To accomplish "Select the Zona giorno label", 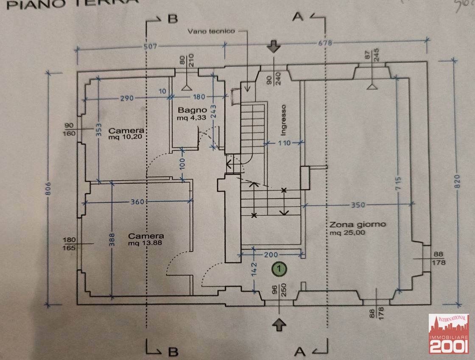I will coord(358,224).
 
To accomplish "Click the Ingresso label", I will coord(284,120).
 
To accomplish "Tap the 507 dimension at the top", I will coord(150,46).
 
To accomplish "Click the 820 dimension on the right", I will coord(457,188).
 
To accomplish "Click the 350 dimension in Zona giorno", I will coord(358,205).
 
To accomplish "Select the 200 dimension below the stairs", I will coord(270,254).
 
